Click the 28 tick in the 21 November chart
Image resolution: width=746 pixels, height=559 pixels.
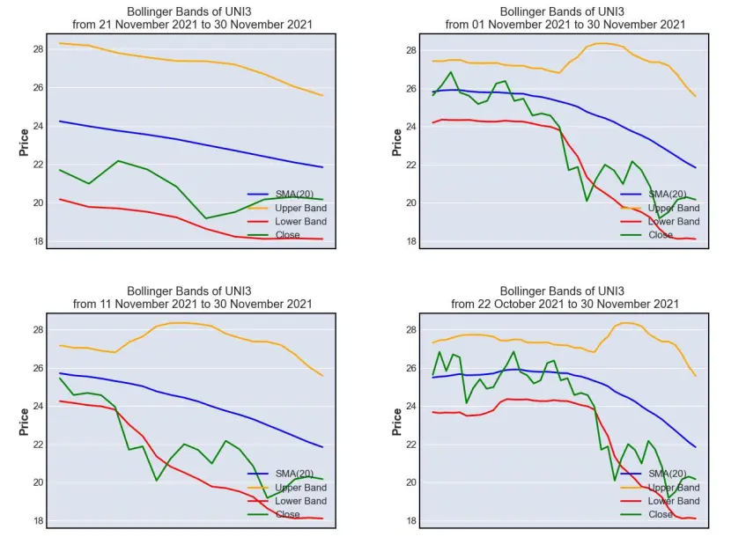tap(38, 49)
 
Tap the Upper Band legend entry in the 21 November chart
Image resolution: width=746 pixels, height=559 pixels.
tap(287, 208)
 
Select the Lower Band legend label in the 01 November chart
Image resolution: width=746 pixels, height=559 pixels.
tap(674, 222)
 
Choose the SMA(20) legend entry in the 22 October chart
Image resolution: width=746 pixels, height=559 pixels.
tap(654, 474)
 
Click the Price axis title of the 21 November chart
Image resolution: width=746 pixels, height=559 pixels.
tap(24, 142)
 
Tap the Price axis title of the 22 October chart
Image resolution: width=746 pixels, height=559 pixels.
tap(397, 422)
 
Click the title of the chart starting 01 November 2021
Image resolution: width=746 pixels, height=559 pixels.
tap(565, 18)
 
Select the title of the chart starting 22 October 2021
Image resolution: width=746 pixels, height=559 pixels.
tap(565, 298)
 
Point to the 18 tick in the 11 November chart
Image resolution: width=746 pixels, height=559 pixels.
tap(38, 520)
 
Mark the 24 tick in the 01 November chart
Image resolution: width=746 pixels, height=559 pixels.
tap(411, 127)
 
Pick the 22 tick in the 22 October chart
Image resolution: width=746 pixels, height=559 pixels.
tap(411, 445)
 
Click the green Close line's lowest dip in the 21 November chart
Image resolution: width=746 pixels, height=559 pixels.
tap(206, 218)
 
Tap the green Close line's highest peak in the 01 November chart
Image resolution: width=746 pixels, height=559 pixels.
tap(451, 72)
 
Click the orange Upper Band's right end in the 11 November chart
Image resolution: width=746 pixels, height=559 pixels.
tap(322, 376)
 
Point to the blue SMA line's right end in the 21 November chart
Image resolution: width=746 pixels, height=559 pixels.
tap(322, 167)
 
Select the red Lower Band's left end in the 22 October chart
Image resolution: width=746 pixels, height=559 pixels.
tap(432, 412)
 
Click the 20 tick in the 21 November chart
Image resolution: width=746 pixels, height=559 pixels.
tap(38, 203)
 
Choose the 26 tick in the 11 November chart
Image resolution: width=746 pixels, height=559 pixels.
tap(38, 368)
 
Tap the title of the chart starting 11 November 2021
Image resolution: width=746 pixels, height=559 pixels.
tap(192, 298)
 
